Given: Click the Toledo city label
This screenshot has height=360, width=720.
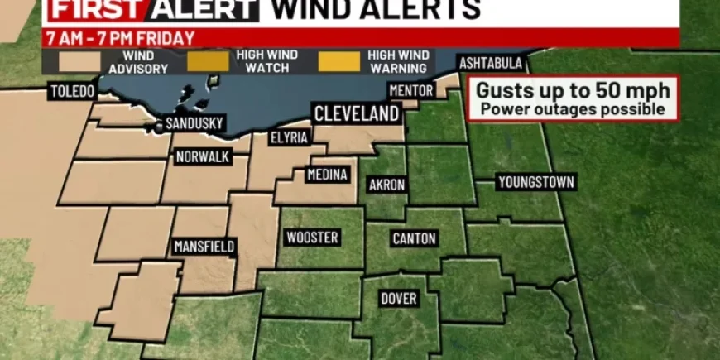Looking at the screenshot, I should [72, 91].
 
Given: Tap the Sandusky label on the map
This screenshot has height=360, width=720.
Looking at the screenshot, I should [194, 123].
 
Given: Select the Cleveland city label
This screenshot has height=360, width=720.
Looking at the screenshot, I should [356, 114].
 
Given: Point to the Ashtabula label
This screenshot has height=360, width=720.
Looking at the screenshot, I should [491, 64].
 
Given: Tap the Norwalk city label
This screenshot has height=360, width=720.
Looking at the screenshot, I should [202, 157].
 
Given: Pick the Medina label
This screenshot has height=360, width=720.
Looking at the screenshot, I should [327, 175].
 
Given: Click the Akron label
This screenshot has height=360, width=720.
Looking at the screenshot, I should [386, 185].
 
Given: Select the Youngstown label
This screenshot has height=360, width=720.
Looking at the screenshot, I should [536, 182].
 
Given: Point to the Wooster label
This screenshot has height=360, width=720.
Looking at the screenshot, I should [311, 238].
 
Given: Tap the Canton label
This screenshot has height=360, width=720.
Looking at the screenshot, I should [414, 238].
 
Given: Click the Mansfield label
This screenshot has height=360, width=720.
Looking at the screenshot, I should [204, 246].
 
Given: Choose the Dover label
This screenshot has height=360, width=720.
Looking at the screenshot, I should [398, 298].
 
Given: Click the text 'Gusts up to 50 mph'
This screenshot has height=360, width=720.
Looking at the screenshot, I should [573, 90].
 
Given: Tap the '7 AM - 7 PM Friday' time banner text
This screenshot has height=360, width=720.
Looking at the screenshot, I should [120, 38].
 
